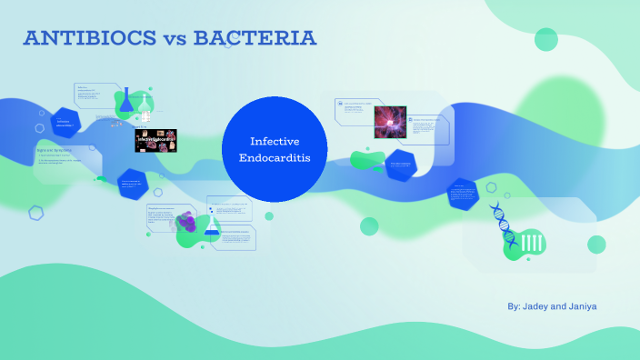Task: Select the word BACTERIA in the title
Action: [254, 38]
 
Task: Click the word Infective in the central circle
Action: [275, 142]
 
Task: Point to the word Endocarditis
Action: [275, 158]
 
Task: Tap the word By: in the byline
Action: [514, 307]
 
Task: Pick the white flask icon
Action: [145, 105]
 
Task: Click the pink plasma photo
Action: [390, 121]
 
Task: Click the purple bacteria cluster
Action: [186, 222]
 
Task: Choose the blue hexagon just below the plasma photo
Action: [400, 165]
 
